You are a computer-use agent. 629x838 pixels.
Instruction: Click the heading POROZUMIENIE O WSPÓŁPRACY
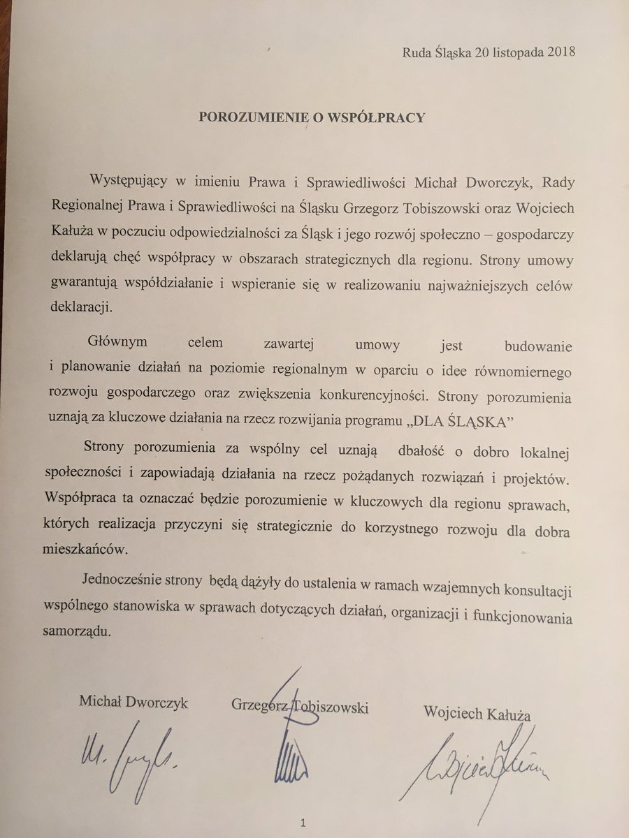pos(312,117)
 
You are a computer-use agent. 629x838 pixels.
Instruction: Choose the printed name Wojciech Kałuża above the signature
pos(477,713)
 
